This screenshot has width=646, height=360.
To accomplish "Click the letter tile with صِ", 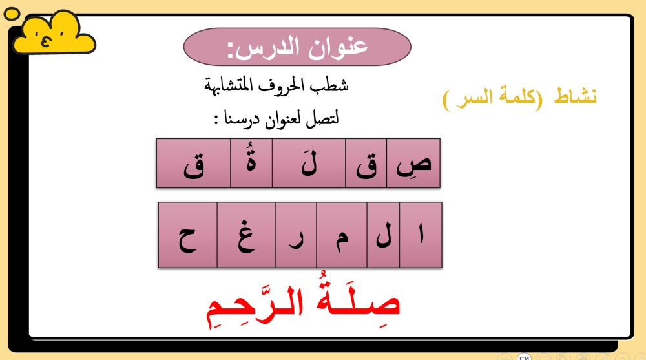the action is click(x=413, y=164).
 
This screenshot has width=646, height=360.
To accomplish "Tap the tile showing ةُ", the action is click(x=251, y=164).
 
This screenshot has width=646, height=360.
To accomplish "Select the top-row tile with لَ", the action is click(x=309, y=164).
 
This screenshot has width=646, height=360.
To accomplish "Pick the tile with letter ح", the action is click(x=188, y=235).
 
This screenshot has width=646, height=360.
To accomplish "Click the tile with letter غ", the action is click(x=246, y=235).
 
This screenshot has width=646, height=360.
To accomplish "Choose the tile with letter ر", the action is click(x=297, y=235).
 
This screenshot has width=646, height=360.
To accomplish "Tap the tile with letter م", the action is click(x=342, y=235).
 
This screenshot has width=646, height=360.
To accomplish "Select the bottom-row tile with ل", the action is click(x=383, y=235).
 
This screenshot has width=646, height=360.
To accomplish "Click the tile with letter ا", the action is click(x=421, y=235).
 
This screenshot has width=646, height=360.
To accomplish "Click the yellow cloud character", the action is click(x=54, y=33).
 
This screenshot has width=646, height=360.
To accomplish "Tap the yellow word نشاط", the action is click(x=575, y=96).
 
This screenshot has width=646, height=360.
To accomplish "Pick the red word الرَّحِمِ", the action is click(x=255, y=305).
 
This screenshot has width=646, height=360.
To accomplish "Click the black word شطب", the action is click(x=333, y=85).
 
